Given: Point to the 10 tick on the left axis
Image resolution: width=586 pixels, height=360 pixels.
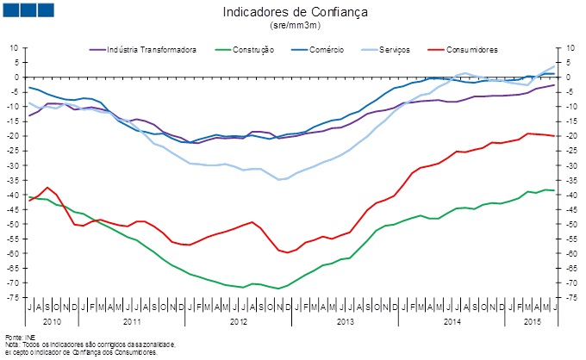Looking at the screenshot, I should [x=15, y=47].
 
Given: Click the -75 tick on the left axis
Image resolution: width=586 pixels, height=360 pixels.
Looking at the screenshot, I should [x=13, y=297].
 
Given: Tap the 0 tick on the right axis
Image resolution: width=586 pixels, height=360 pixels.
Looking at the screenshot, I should [x=564, y=77].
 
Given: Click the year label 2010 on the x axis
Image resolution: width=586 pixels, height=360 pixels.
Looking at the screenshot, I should [x=52, y=320].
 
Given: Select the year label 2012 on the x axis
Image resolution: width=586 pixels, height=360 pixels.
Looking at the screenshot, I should [x=239, y=320].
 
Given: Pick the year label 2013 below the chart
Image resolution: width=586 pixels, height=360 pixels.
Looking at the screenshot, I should [x=346, y=320].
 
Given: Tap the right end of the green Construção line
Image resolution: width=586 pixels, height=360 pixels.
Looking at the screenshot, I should [x=554, y=190].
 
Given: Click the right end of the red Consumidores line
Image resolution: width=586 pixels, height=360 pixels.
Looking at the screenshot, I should [x=554, y=136].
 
